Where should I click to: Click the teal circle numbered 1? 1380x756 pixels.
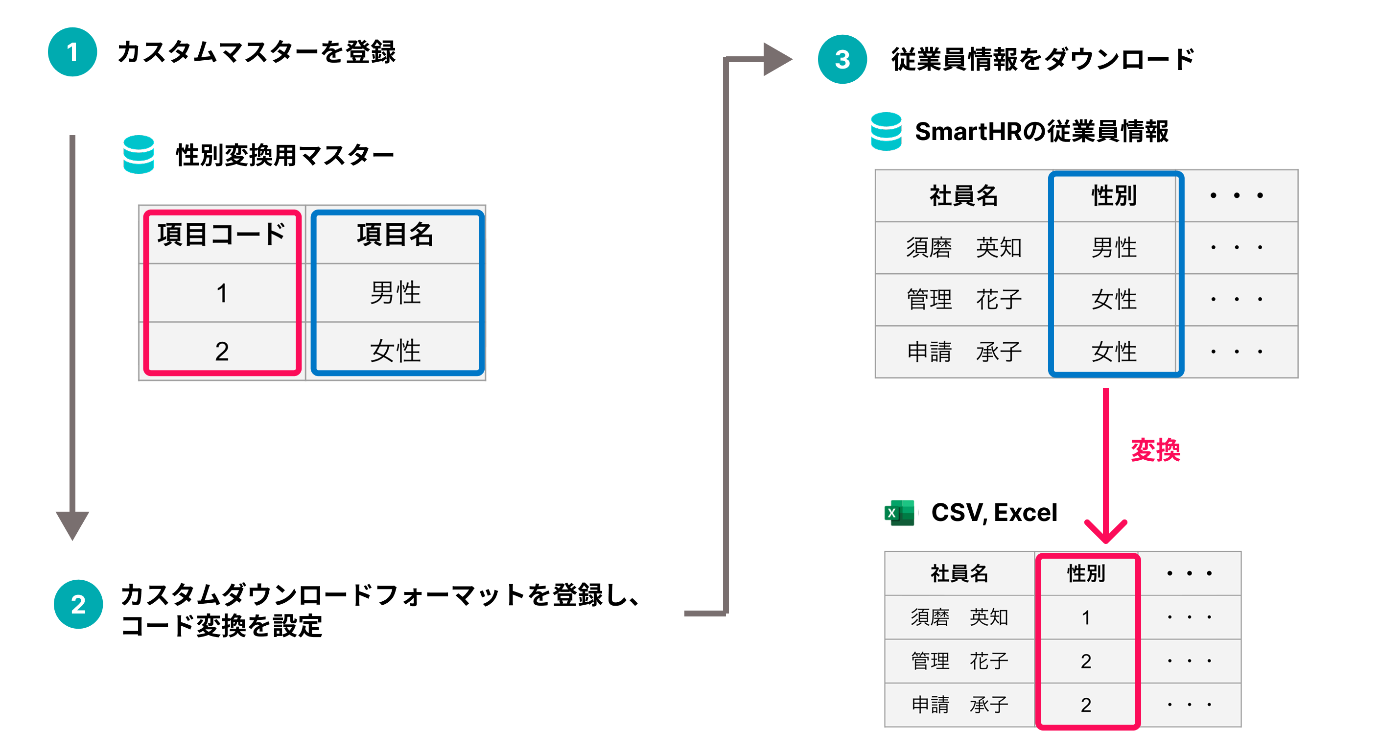(72, 52)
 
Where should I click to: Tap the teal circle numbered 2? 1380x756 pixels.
(78, 604)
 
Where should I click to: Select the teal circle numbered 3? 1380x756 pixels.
(842, 59)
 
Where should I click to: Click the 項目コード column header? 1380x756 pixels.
(221, 235)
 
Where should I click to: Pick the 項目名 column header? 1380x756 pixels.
(396, 235)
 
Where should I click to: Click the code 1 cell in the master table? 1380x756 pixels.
(221, 293)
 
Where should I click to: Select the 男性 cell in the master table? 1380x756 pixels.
(396, 293)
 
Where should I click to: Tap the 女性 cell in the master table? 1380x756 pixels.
(396, 351)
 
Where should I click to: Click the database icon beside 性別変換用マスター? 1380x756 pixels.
(139, 154)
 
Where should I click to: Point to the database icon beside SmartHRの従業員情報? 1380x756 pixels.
(886, 131)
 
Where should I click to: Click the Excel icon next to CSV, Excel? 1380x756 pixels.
(899, 513)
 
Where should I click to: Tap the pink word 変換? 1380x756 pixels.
(1155, 449)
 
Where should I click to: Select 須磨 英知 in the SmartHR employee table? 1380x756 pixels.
(963, 248)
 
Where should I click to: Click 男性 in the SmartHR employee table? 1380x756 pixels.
(1114, 248)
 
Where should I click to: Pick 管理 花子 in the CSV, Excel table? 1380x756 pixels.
(959, 661)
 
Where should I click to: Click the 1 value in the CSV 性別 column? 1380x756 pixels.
(1086, 617)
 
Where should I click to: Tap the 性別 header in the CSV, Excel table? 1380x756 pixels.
(1086, 573)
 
